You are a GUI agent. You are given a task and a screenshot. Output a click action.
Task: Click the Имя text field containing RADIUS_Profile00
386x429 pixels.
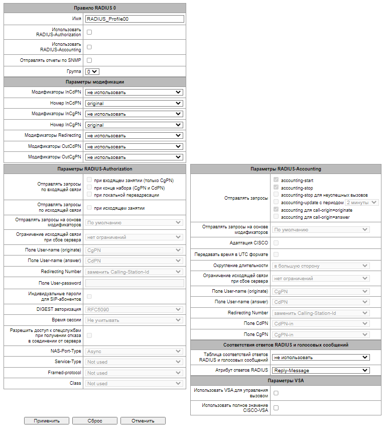(x=134, y=19)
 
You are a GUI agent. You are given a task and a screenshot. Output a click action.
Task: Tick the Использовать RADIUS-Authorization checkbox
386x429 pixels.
(x=89, y=32)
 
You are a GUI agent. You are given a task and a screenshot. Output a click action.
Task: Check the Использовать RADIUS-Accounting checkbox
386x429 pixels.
(x=89, y=47)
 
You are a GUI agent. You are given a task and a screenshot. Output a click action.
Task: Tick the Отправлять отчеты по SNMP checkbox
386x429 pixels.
(x=89, y=60)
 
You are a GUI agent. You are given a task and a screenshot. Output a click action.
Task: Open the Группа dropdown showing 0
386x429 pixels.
(x=92, y=72)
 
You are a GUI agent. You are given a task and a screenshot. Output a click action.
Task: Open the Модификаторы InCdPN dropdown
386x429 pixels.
(x=134, y=93)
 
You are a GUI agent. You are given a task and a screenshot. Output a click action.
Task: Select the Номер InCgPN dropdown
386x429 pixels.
(x=134, y=125)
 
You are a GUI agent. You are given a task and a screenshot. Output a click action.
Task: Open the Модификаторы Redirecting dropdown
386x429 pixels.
(x=134, y=135)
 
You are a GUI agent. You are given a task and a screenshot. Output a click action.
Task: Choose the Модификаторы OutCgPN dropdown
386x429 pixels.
(x=134, y=157)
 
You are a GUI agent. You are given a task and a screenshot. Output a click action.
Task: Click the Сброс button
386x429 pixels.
(x=95, y=420)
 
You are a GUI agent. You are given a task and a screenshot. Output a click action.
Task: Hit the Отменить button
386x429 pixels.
(x=143, y=420)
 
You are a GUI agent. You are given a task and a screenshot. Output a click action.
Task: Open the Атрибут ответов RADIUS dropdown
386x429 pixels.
(x=321, y=371)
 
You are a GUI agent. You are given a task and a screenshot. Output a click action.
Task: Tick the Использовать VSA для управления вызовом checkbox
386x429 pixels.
(x=276, y=393)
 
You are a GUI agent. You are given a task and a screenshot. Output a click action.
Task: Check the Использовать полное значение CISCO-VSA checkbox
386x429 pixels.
(x=276, y=408)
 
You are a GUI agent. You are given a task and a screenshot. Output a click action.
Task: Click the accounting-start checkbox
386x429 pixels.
(x=276, y=180)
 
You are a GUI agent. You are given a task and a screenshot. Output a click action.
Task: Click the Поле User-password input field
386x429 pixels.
(x=134, y=283)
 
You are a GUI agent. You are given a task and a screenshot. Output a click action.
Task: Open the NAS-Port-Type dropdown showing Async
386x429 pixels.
(x=134, y=352)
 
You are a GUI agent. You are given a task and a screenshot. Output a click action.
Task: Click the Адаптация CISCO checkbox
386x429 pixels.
(x=276, y=243)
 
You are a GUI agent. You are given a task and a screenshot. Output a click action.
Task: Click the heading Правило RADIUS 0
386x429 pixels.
(x=94, y=8)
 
